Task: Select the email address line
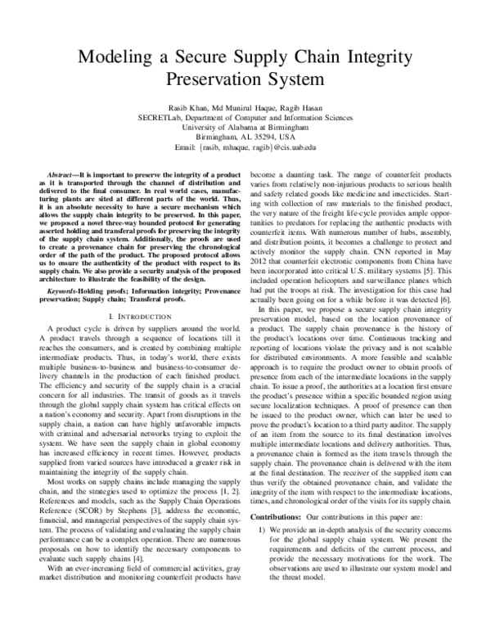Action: coord(245,147)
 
